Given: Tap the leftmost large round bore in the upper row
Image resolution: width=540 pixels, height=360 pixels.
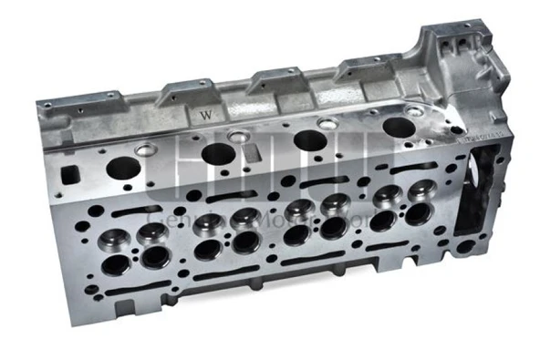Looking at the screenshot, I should click(x=123, y=168).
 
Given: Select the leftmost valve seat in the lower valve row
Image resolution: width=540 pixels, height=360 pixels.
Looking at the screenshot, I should click(x=116, y=265).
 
